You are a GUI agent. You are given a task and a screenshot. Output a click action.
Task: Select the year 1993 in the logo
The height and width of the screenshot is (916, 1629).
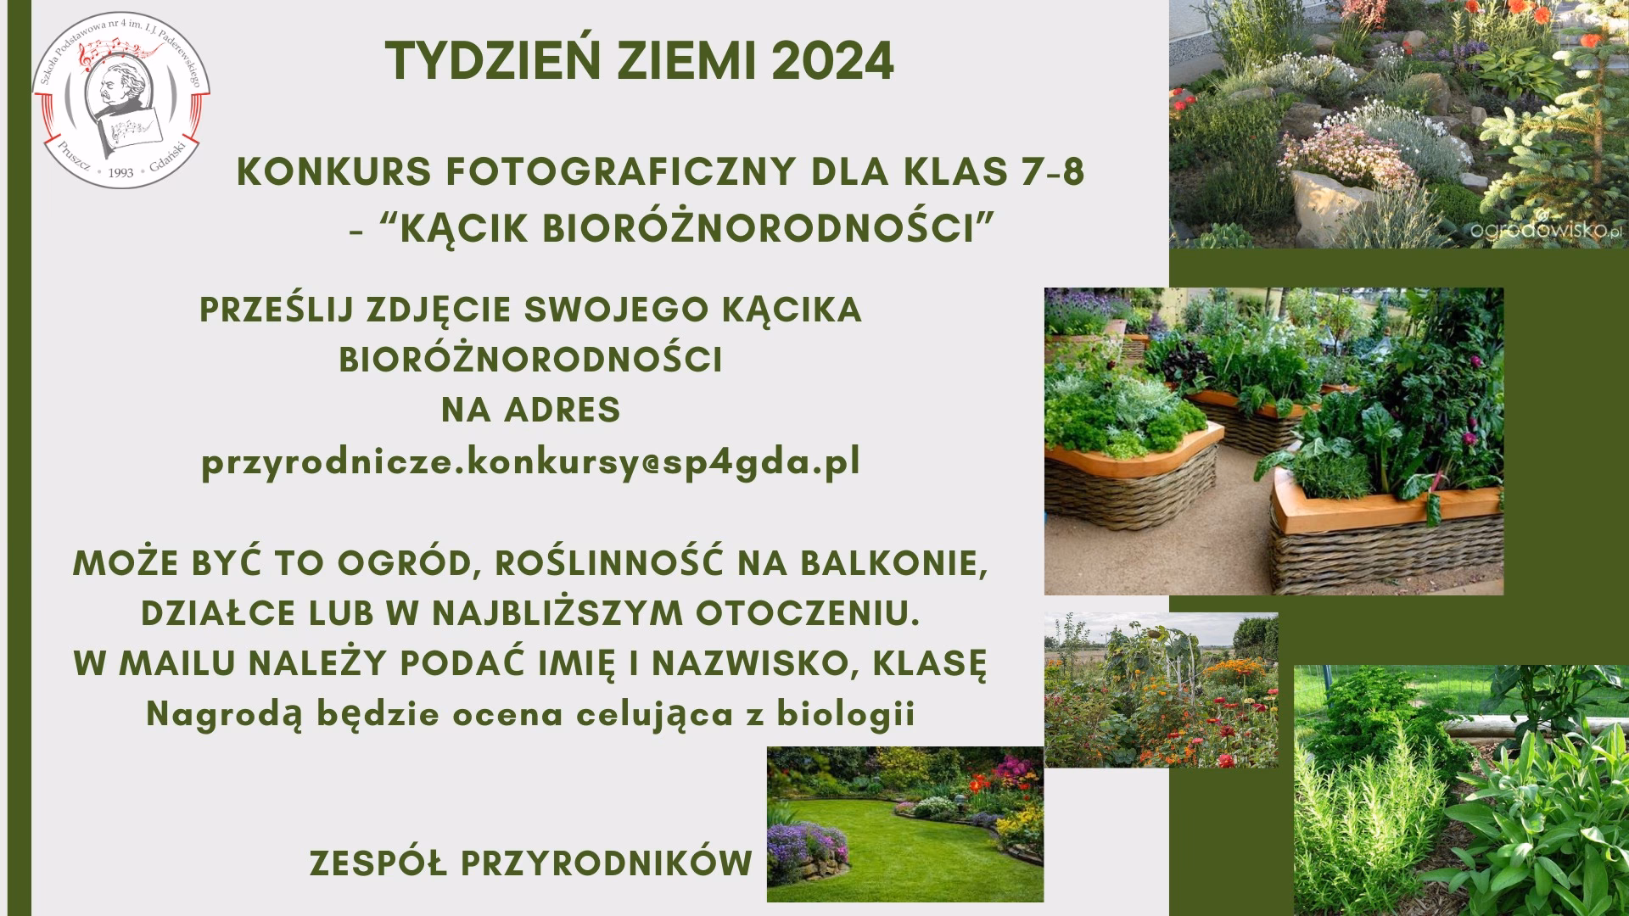(121, 172)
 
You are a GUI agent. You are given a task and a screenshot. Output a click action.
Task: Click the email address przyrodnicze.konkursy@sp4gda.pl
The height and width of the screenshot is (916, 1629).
(531, 462)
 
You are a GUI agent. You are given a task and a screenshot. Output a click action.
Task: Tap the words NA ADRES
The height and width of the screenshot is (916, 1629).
(531, 411)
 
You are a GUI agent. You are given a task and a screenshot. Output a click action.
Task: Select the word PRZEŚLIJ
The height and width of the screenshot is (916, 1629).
(276, 310)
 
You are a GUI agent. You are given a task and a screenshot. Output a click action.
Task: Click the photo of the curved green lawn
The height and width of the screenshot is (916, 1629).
(904, 824)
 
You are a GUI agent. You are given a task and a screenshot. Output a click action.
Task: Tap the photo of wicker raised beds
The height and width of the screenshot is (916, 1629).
(1273, 441)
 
